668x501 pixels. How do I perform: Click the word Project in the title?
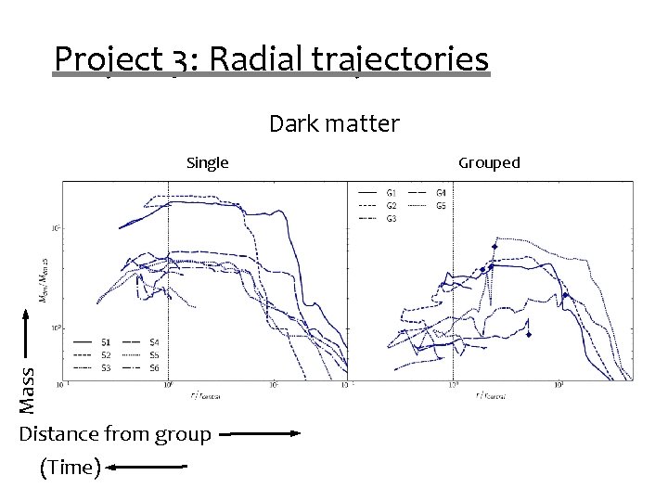click(x=108, y=60)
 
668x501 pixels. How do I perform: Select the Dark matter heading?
click(x=334, y=123)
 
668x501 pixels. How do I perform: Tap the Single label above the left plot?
click(x=207, y=163)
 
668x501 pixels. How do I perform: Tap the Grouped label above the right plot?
click(x=489, y=163)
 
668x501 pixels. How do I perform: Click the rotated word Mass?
click(x=28, y=390)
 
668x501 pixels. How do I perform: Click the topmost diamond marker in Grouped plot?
click(x=495, y=246)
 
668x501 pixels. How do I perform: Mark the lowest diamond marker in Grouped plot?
click(x=527, y=335)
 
